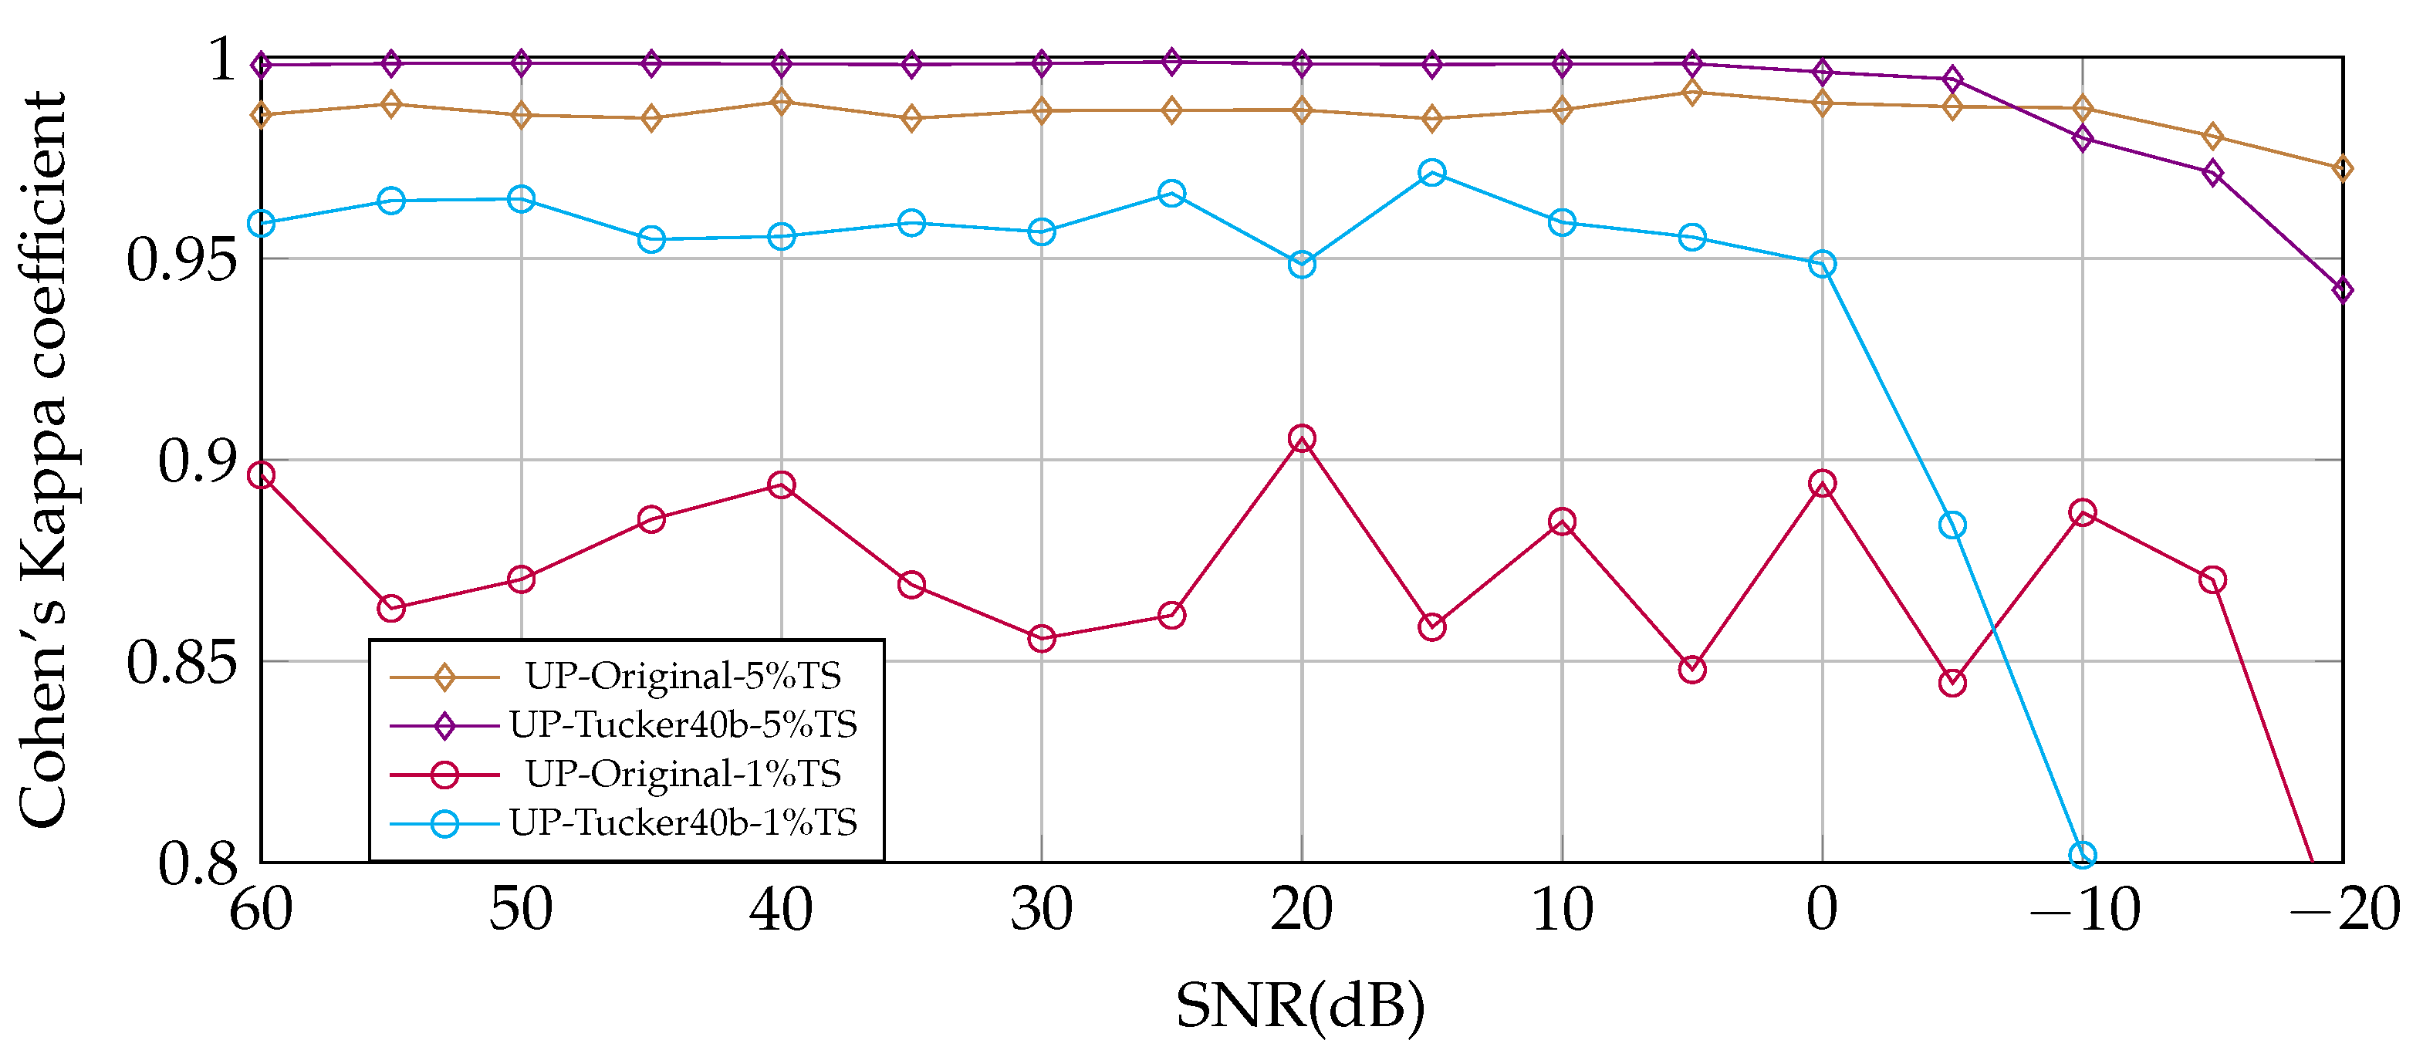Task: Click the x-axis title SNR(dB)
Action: pyautogui.click(x=1300, y=1006)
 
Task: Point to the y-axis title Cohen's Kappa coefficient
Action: pyautogui.click(x=42, y=461)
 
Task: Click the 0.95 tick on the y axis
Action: pyautogui.click(x=181, y=259)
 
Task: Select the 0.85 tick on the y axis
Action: pyautogui.click(x=181, y=662)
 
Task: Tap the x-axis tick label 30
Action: pyautogui.click(x=1041, y=910)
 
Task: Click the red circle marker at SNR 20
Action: pyautogui.click(x=1302, y=438)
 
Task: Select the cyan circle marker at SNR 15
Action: pyautogui.click(x=1431, y=172)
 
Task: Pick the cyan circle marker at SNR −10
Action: pyautogui.click(x=2083, y=855)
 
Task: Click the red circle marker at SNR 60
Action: pyautogui.click(x=261, y=476)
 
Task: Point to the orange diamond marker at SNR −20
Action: pyautogui.click(x=2342, y=168)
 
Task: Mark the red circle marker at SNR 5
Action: pyautogui.click(x=1692, y=670)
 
